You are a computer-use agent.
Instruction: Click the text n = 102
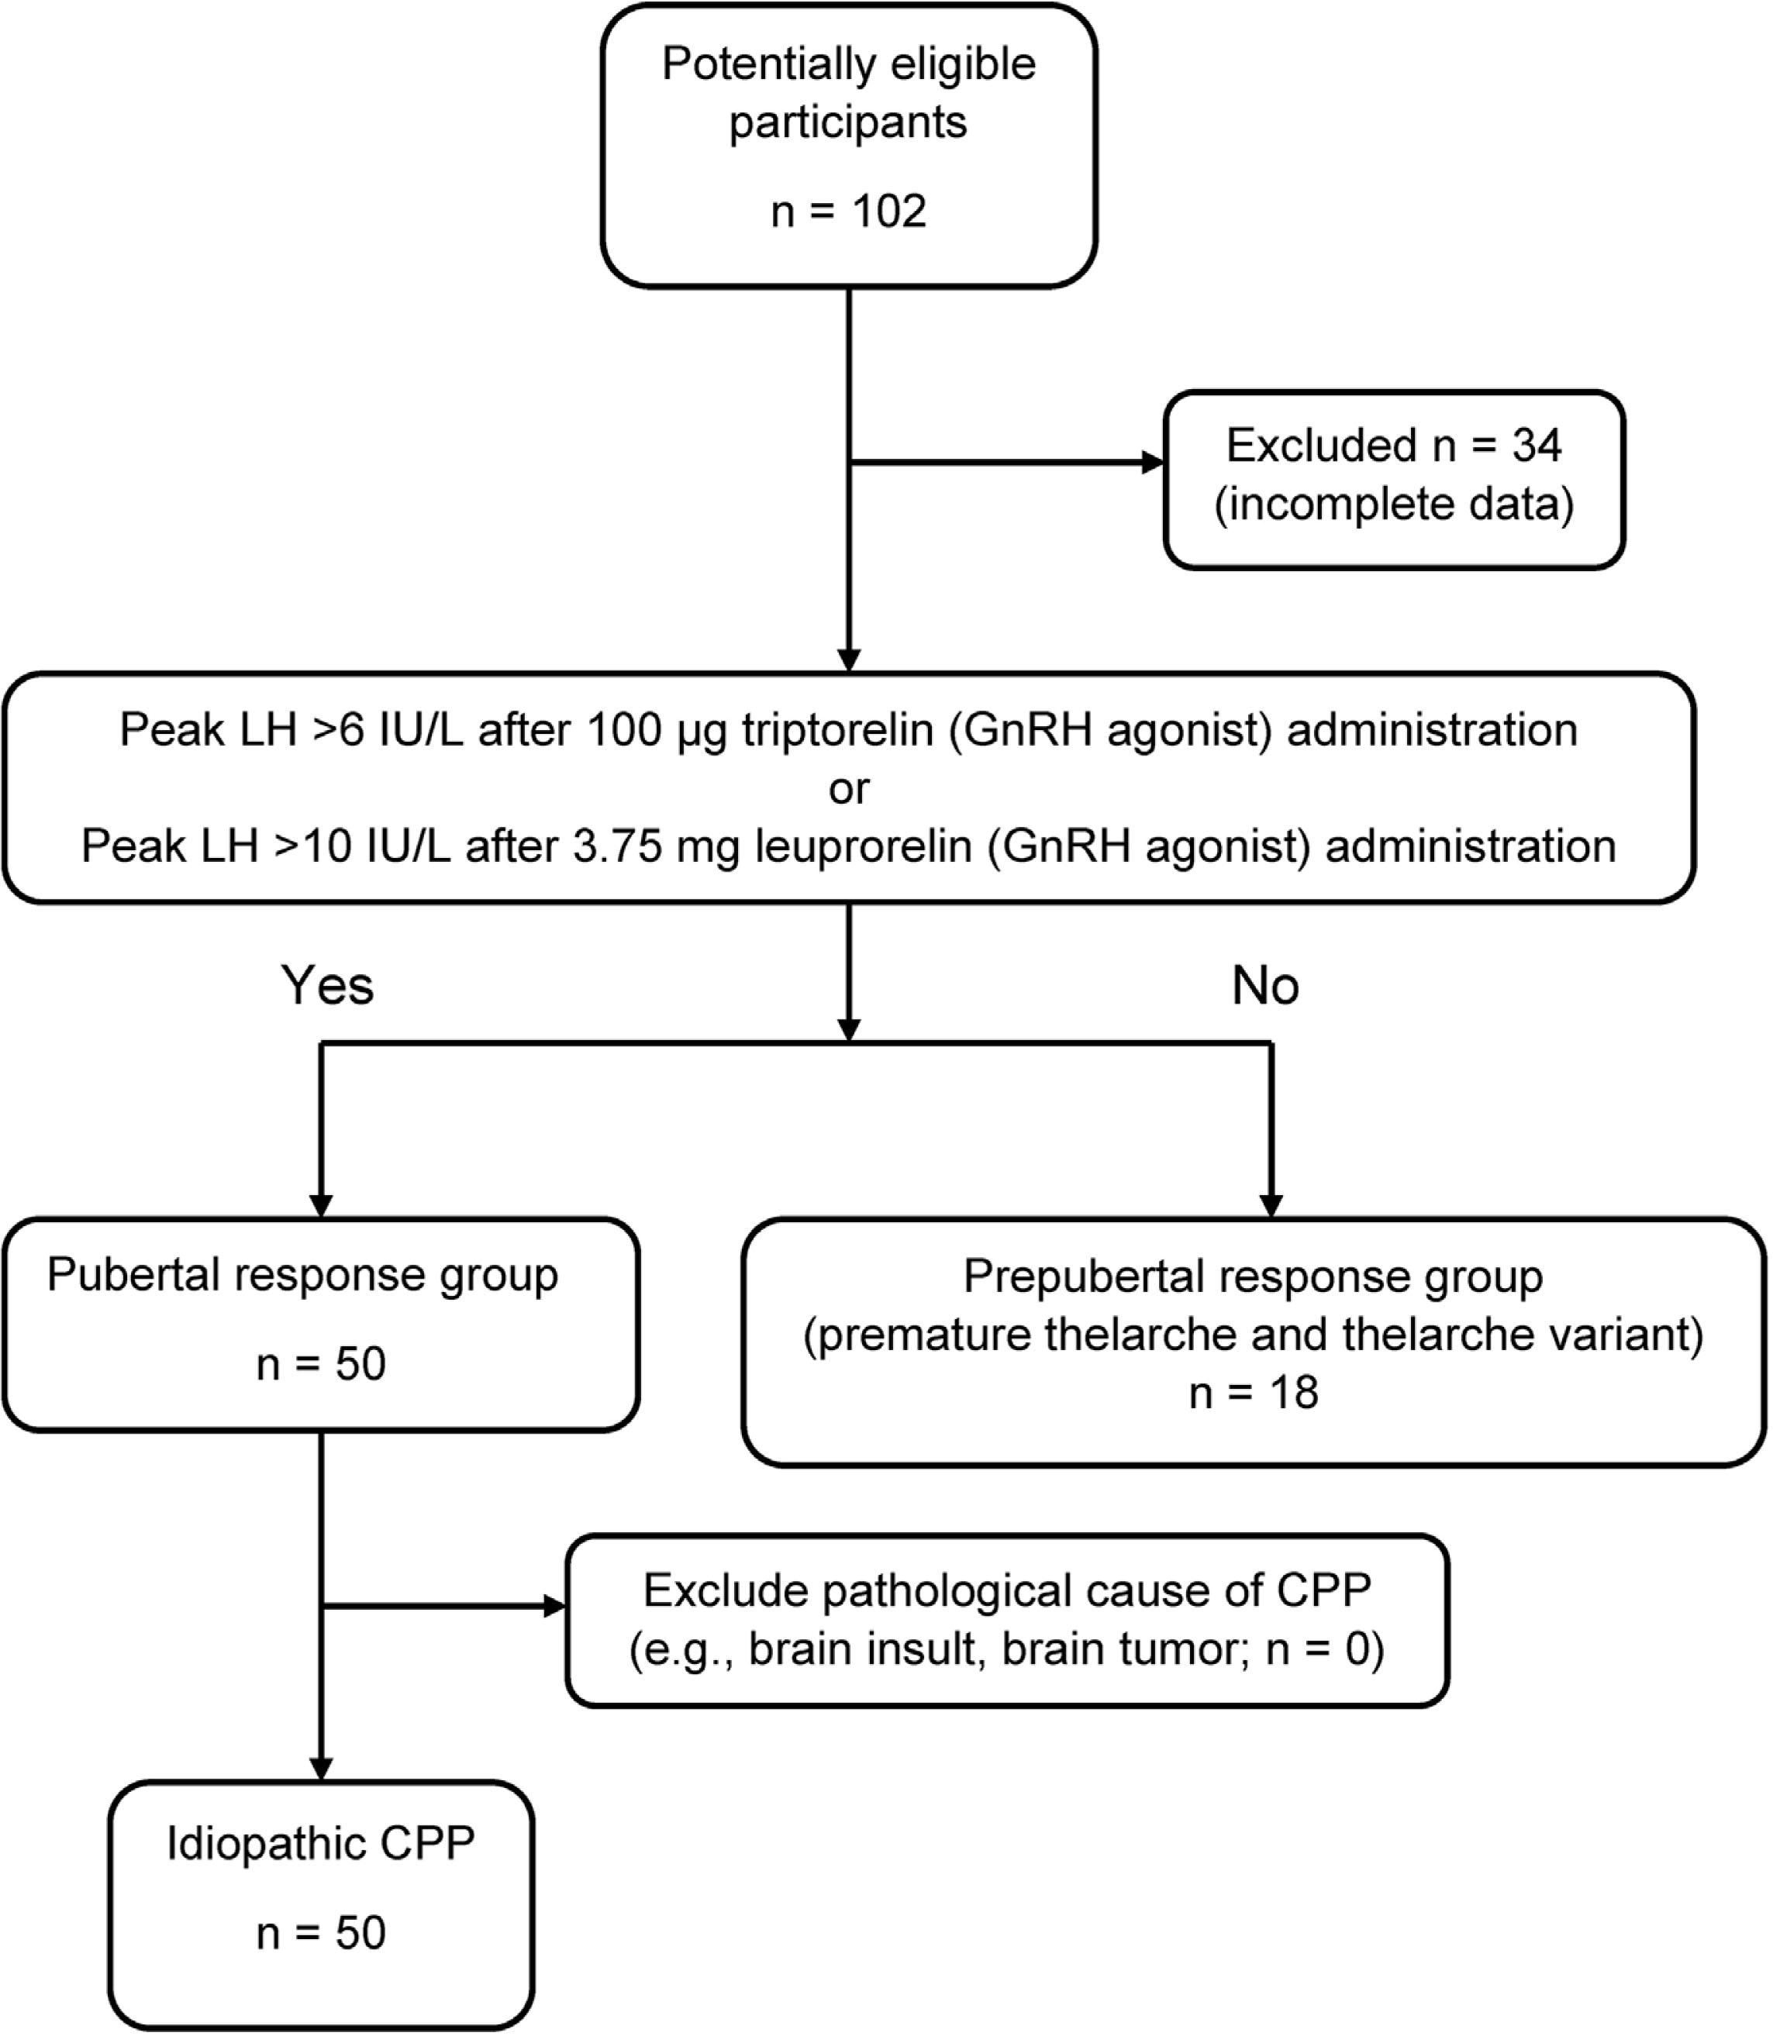[x=848, y=211]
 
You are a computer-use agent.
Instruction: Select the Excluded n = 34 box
[x=1393, y=479]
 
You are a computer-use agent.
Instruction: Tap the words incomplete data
[x=1393, y=505]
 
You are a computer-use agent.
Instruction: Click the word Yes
[x=327, y=985]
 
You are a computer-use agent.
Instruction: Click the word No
[x=1264, y=985]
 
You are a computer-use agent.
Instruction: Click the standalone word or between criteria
[x=848, y=788]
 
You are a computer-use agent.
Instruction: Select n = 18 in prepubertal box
[x=1253, y=1392]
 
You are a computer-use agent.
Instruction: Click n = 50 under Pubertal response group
[x=320, y=1363]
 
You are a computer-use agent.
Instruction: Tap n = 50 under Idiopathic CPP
[x=320, y=1932]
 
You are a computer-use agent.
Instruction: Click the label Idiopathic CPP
[x=320, y=1843]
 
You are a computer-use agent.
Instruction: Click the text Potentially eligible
[x=848, y=64]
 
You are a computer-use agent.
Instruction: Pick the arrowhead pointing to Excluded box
[x=1153, y=462]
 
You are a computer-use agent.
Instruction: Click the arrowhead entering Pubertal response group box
[x=320, y=1206]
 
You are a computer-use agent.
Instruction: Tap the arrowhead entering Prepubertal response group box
[x=1271, y=1206]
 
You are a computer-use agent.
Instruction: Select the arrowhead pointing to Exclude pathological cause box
[x=555, y=1607]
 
